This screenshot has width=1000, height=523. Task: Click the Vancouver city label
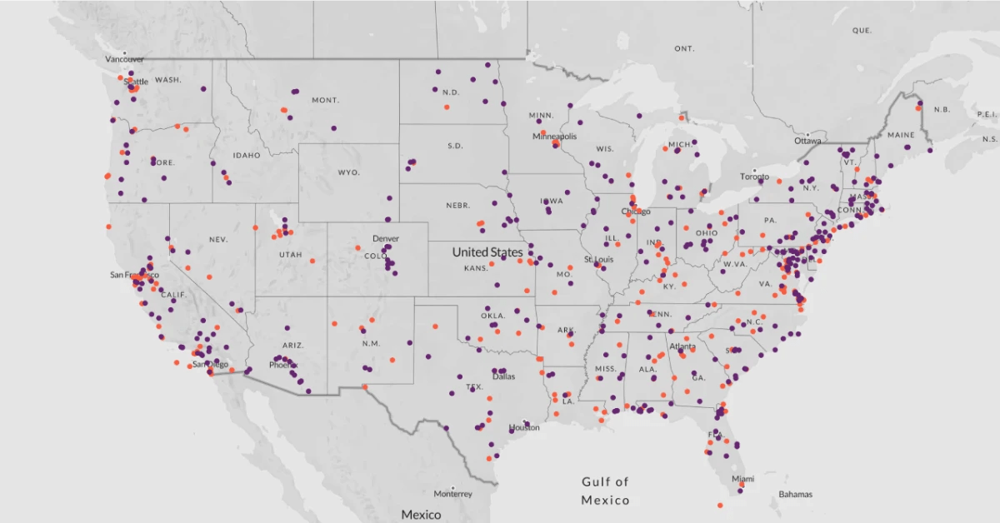pyautogui.click(x=124, y=59)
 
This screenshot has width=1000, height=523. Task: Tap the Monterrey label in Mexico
pyautogui.click(x=453, y=494)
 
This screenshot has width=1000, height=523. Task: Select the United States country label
pyautogui.click(x=487, y=252)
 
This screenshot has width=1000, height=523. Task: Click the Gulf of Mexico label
pyautogui.click(x=605, y=491)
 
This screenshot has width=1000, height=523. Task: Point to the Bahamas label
pyautogui.click(x=795, y=494)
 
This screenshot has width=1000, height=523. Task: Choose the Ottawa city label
pyautogui.click(x=808, y=141)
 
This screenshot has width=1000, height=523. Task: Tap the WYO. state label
pyautogui.click(x=348, y=172)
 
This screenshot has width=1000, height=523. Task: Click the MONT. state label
pyautogui.click(x=325, y=100)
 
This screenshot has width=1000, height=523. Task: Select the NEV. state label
pyautogui.click(x=218, y=239)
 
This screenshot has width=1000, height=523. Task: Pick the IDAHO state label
pyautogui.click(x=247, y=155)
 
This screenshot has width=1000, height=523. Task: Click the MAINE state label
pyautogui.click(x=901, y=135)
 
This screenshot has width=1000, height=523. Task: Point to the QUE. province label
pyautogui.click(x=862, y=30)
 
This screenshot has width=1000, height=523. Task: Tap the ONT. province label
pyautogui.click(x=684, y=49)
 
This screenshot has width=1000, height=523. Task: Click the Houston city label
pyautogui.click(x=524, y=427)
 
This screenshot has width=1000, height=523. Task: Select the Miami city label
pyautogui.click(x=743, y=479)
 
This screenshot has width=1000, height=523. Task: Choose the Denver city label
pyautogui.click(x=386, y=238)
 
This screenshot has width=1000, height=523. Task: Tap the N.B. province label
pyautogui.click(x=942, y=110)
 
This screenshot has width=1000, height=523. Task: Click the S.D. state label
pyautogui.click(x=455, y=146)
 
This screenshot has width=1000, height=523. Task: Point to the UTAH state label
pyautogui.click(x=291, y=254)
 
